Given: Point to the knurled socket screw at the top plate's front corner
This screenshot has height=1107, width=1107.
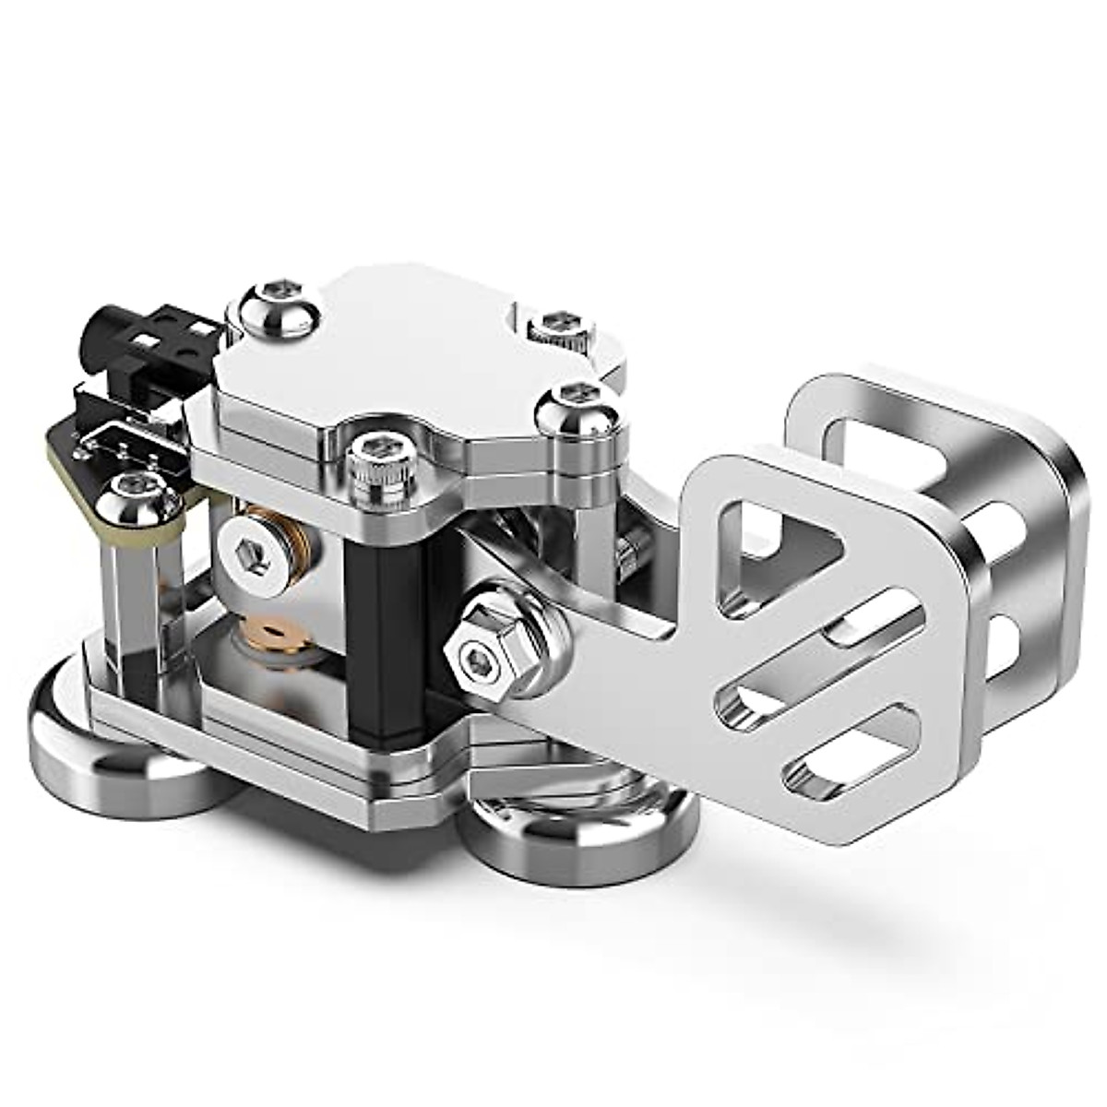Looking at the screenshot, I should pyautogui.click(x=373, y=466).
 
